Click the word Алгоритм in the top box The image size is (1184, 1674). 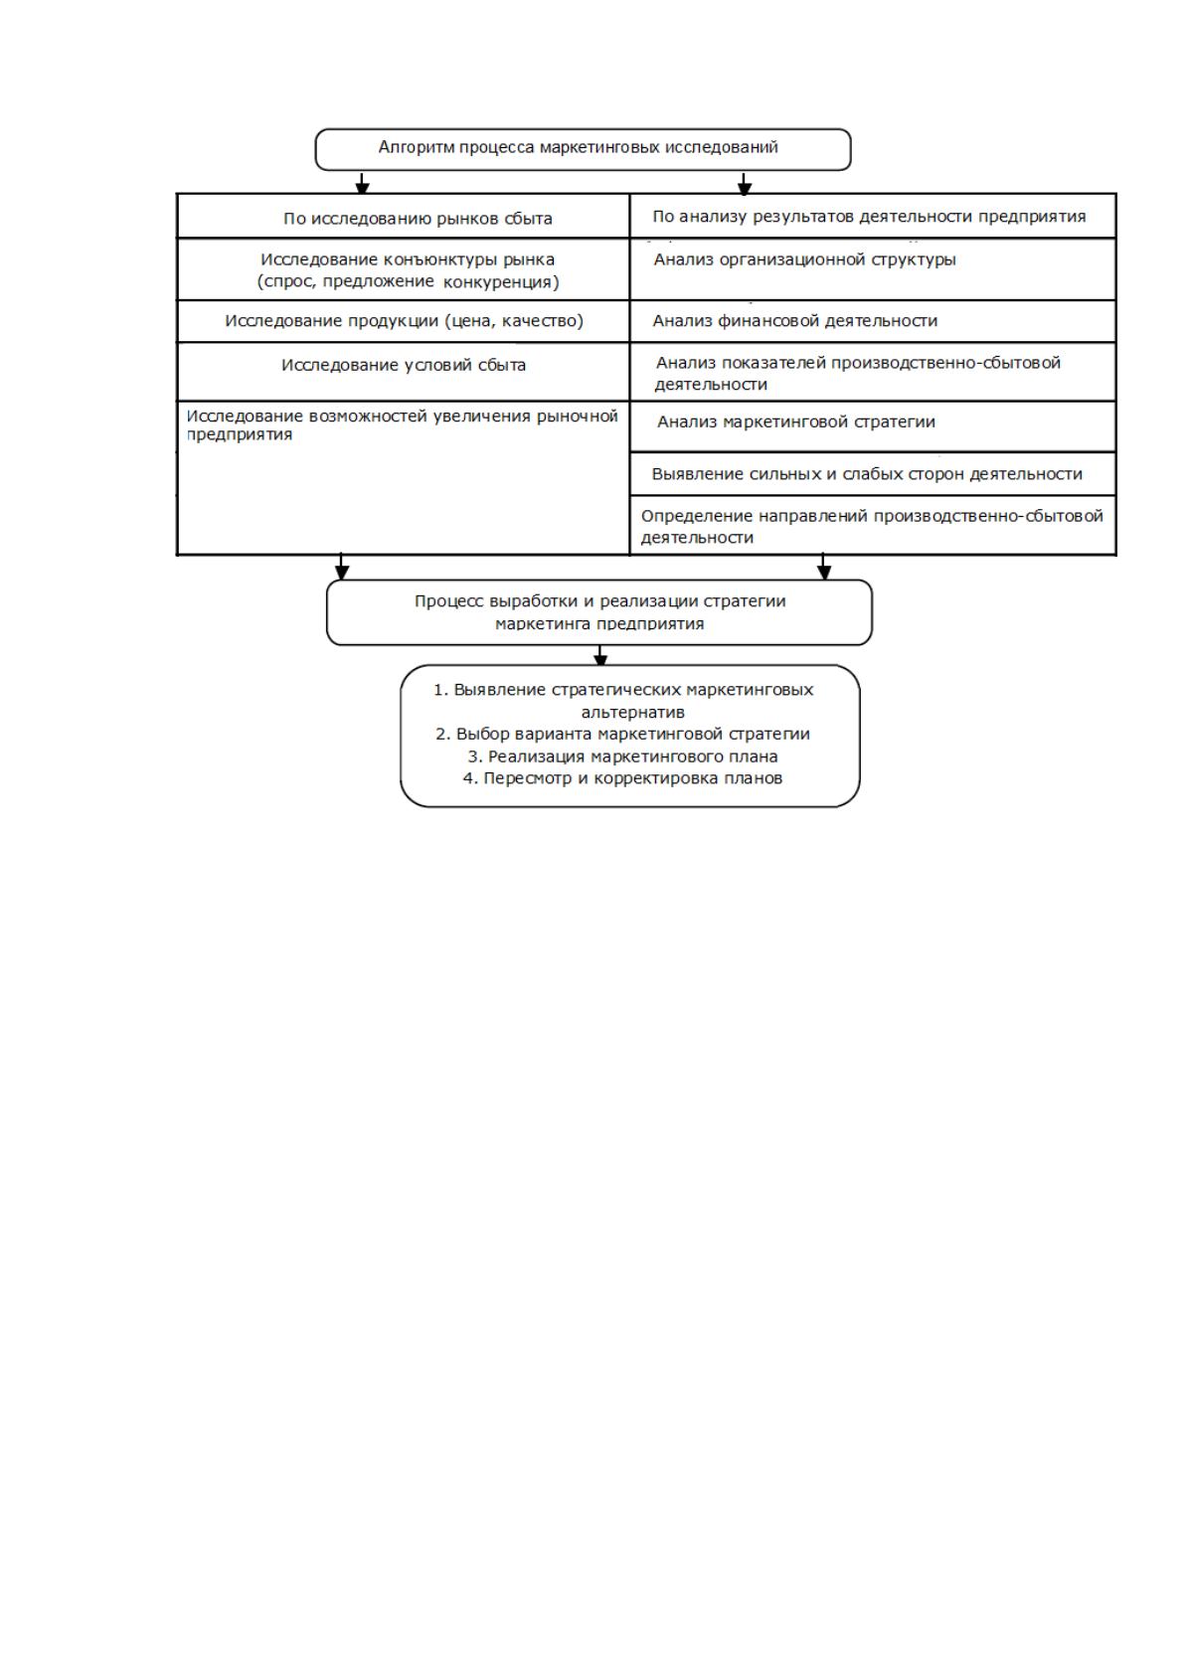[x=418, y=147]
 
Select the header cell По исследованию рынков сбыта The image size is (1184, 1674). [x=404, y=217]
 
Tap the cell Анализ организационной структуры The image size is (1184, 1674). [x=873, y=269]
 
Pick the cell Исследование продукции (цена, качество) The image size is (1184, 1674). [x=404, y=321]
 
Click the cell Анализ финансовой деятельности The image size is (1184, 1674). [x=873, y=321]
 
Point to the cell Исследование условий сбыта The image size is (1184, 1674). [x=404, y=372]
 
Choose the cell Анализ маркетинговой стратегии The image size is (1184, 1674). [x=873, y=426]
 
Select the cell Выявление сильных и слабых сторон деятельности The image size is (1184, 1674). [x=873, y=474]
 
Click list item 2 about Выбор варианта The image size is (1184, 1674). [x=622, y=734]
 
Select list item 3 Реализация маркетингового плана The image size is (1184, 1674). [x=622, y=756]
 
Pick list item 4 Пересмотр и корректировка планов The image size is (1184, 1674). [x=622, y=778]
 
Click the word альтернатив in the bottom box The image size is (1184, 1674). [x=632, y=712]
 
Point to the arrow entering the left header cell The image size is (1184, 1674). [x=363, y=183]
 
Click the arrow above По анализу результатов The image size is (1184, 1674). [x=744, y=183]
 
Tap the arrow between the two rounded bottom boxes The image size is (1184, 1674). [x=600, y=655]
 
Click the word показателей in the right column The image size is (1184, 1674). [x=781, y=363]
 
